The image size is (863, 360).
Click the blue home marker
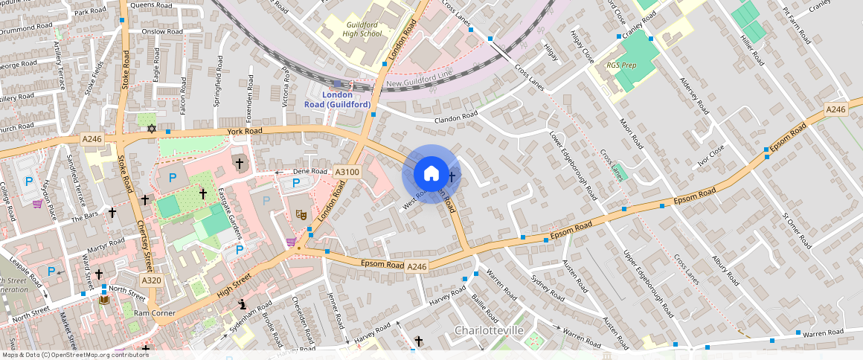coord(431,174)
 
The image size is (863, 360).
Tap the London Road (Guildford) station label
coord(336,100)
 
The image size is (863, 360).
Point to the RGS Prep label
coord(621,65)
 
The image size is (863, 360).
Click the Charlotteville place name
coord(489,330)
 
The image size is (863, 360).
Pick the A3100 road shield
coord(347,172)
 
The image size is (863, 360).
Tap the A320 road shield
coord(151,280)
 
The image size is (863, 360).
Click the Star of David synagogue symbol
coord(152,129)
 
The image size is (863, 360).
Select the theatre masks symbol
coord(302,214)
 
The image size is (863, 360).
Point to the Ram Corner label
coord(155,313)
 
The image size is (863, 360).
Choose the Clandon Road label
coord(457,117)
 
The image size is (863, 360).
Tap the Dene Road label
coord(309,171)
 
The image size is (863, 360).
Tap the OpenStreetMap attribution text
coord(74,355)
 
